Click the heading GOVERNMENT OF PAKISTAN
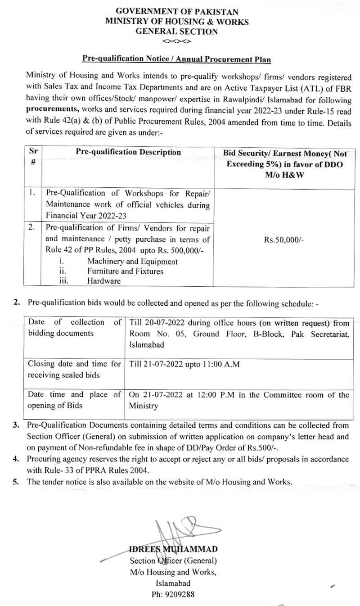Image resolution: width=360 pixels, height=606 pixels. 176,12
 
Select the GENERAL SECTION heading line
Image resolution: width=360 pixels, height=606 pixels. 176,32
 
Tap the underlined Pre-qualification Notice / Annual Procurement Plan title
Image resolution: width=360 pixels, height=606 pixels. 176,59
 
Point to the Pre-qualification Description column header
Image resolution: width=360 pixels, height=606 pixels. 128,152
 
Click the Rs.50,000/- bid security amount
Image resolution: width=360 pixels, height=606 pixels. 284,241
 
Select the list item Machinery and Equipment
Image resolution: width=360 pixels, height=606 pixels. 132,262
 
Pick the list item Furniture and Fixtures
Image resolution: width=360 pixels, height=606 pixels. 125,271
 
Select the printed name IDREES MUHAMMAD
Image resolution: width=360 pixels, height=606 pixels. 173,549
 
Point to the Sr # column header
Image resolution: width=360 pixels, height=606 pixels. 33,157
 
